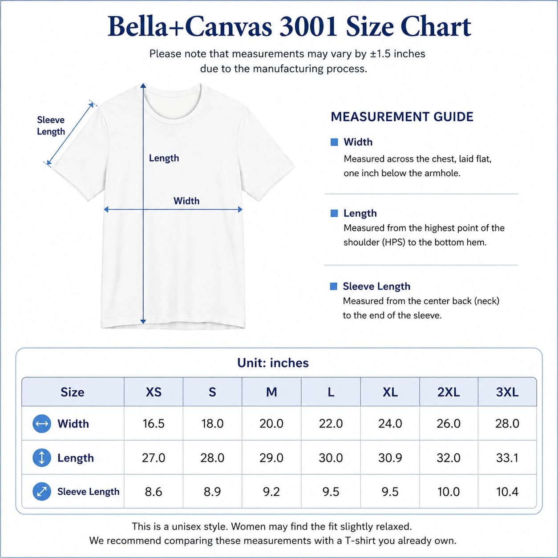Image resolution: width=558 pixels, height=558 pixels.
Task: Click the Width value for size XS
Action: click(154, 424)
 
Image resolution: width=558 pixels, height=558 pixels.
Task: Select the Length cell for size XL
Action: click(390, 458)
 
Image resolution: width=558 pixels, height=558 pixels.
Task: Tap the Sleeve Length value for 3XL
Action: click(507, 492)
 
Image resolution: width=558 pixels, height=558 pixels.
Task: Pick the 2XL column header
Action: click(449, 392)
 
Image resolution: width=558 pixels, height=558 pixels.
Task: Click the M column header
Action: click(271, 392)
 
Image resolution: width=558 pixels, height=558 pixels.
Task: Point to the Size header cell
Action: click(73, 392)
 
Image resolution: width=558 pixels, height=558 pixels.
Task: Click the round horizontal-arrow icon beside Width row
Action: click(42, 424)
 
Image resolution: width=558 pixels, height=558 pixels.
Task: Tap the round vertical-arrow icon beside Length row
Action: click(42, 458)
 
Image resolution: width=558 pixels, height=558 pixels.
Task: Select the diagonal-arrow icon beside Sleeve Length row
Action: click(42, 492)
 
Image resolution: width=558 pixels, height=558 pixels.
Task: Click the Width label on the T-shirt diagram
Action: click(186, 201)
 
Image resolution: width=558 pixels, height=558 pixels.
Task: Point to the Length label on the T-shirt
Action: click(164, 158)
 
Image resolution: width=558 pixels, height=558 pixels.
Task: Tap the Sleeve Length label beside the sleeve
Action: click(51, 125)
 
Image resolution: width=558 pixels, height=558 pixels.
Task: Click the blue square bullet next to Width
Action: click(334, 142)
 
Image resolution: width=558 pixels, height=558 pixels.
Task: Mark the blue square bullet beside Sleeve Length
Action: click(334, 286)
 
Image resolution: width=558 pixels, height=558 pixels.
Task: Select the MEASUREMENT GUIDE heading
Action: click(402, 117)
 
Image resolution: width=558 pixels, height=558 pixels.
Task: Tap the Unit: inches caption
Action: click(273, 363)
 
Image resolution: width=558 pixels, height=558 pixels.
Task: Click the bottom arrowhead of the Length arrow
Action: click(143, 321)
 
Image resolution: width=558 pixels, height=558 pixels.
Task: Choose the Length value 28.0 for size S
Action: click(212, 458)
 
